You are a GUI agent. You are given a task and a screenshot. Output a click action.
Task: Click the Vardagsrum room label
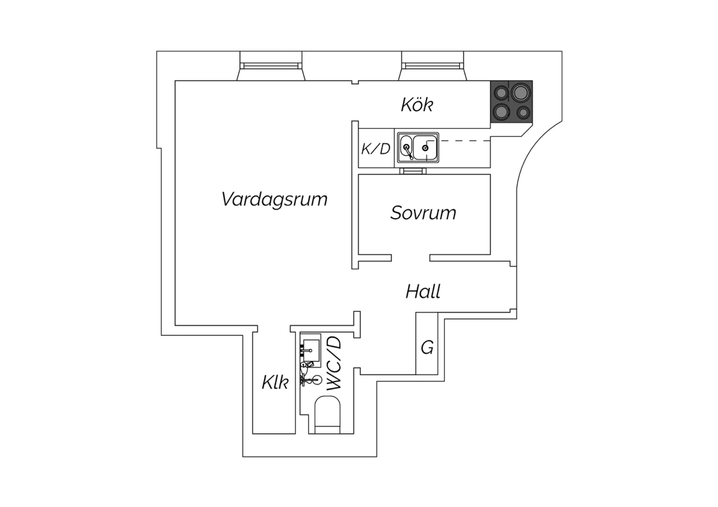pyautogui.click(x=274, y=199)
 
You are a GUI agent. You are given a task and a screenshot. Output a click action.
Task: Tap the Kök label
pyautogui.click(x=417, y=104)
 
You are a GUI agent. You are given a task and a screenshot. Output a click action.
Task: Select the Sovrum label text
pyautogui.click(x=423, y=213)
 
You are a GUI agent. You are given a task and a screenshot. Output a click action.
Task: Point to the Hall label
pyautogui.click(x=423, y=291)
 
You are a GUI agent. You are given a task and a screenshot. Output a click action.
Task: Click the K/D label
pyautogui.click(x=376, y=149)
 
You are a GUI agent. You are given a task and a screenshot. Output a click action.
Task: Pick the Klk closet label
pyautogui.click(x=275, y=382)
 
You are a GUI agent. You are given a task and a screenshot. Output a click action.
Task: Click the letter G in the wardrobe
pyautogui.click(x=427, y=348)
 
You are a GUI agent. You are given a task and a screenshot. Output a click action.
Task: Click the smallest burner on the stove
pyautogui.click(x=523, y=112)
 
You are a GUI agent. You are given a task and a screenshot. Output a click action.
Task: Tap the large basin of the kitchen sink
pyautogui.click(x=425, y=148)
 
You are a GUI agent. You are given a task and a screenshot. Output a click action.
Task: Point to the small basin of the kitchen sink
pyautogui.click(x=406, y=148)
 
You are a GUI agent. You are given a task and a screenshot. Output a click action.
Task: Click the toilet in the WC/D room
pyautogui.click(x=327, y=415)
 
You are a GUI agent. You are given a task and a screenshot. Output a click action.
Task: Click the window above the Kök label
pyautogui.click(x=432, y=66)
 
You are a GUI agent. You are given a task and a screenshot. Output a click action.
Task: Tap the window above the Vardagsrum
pyautogui.click(x=271, y=66)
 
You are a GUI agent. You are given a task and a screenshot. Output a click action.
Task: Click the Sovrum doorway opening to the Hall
pyautogui.click(x=411, y=258)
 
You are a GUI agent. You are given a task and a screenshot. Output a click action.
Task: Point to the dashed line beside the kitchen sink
pyautogui.click(x=464, y=141)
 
